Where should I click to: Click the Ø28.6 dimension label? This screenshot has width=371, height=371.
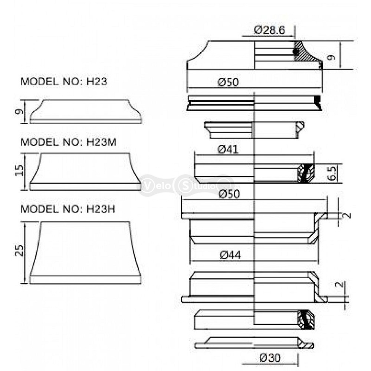tap(269, 30)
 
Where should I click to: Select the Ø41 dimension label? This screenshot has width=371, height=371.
tap(228, 150)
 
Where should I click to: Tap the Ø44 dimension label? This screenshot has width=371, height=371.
tap(230, 255)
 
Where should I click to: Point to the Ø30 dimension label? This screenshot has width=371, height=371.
tap(270, 358)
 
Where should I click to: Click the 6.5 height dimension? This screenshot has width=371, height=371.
tap(332, 173)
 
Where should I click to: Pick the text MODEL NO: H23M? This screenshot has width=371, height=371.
tap(69, 142)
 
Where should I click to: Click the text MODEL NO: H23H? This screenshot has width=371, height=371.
tap(68, 209)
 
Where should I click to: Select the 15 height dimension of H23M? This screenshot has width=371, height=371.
tap(19, 170)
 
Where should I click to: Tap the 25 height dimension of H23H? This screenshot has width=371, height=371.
tap(19, 250)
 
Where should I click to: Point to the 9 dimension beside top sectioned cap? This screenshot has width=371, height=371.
tap(332, 57)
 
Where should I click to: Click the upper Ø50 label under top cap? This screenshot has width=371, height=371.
tap(228, 82)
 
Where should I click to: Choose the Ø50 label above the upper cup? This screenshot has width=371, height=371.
tap(229, 194)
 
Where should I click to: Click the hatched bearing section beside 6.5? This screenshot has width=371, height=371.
tap(306, 173)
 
